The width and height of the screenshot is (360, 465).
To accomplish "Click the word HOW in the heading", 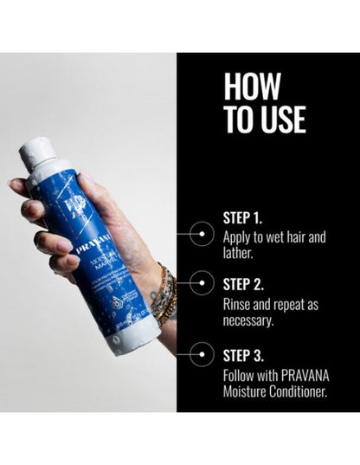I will tap(252, 87).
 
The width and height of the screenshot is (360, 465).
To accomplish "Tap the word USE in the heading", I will tap(276, 119).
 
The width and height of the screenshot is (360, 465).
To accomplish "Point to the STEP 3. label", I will tap(245, 354).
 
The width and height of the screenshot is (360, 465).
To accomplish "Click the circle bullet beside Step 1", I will tap(201, 231).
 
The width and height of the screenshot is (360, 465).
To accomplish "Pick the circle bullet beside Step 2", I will tap(201, 281).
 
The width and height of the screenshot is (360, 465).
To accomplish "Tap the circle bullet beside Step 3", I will tap(201, 354).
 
